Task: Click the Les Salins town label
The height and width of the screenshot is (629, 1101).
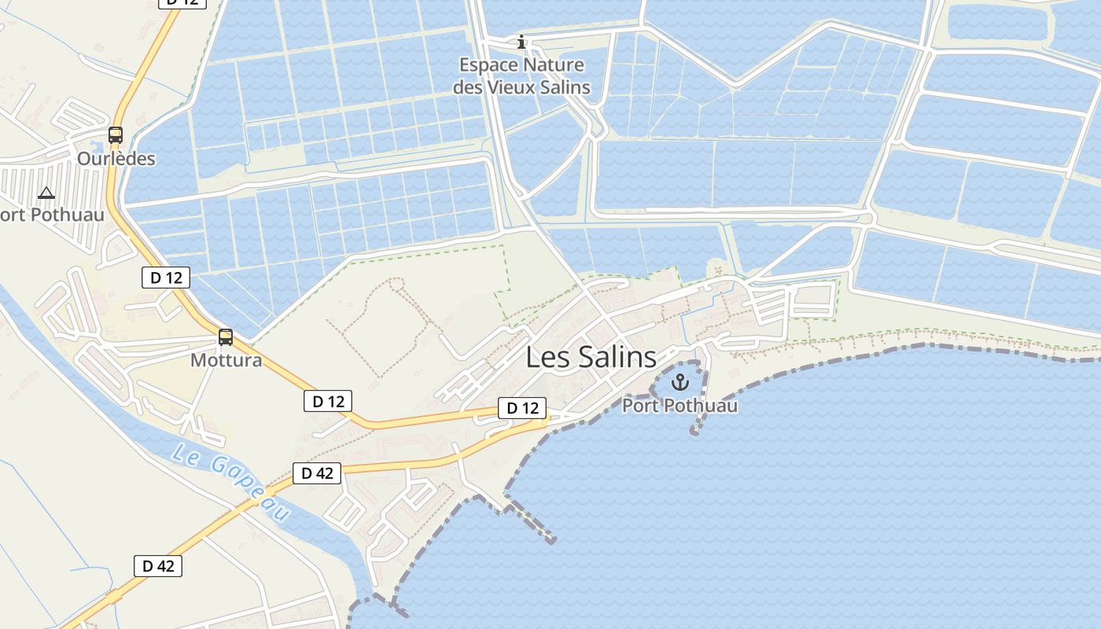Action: pyautogui.click(x=591, y=357)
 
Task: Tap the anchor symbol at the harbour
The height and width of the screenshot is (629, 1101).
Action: pyautogui.click(x=680, y=383)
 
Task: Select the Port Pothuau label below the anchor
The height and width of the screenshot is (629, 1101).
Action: pyautogui.click(x=680, y=406)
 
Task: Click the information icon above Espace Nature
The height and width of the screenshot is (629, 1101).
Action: pyautogui.click(x=521, y=42)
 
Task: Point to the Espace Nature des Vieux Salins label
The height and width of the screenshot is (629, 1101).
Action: pyautogui.click(x=521, y=75)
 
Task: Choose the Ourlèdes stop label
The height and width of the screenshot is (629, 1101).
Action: pyautogui.click(x=116, y=159)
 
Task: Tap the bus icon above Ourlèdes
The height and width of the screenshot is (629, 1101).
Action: pyautogui.click(x=116, y=135)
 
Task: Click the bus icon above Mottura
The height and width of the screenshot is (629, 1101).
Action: pyautogui.click(x=226, y=337)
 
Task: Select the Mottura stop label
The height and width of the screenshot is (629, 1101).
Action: pyautogui.click(x=226, y=361)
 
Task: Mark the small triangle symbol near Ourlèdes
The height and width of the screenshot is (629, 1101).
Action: pyautogui.click(x=46, y=193)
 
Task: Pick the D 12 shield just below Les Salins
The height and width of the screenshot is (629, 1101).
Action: pyautogui.click(x=522, y=408)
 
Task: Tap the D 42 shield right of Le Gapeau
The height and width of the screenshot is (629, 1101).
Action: pyautogui.click(x=318, y=473)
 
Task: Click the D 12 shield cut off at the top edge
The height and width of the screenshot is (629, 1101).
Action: pyautogui.click(x=182, y=2)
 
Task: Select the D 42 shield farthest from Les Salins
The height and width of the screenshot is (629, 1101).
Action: pyautogui.click(x=158, y=566)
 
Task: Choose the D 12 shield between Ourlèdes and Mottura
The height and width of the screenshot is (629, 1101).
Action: pyautogui.click(x=166, y=277)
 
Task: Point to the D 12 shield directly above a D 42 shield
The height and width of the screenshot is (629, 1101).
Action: pyautogui.click(x=328, y=401)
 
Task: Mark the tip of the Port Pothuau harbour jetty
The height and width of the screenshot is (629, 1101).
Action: pyautogui.click(x=694, y=431)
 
